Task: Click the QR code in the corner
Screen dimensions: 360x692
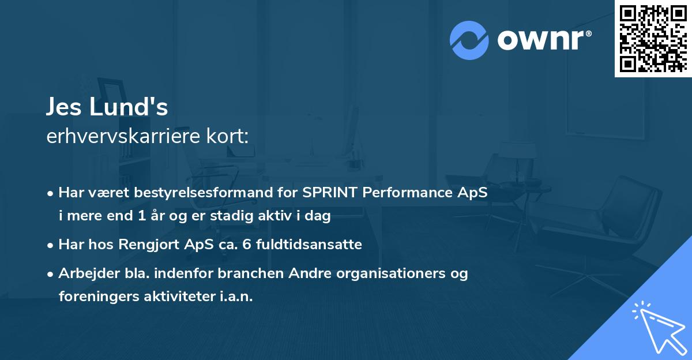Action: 652,38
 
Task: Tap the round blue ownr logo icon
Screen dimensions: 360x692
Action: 469,40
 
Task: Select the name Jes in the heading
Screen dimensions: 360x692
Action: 65,107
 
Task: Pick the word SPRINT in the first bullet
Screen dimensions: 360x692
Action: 331,193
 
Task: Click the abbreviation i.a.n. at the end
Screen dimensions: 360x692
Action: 235,297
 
